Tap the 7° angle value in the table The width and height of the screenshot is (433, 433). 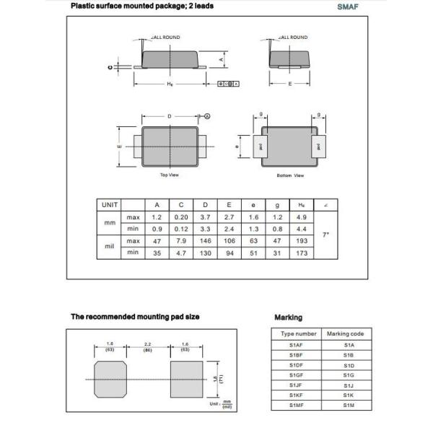pos(325,235)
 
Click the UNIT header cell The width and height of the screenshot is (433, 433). pos(110,205)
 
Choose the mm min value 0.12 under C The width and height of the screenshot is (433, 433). pos(181,229)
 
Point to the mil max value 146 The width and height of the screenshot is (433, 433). pos(206,240)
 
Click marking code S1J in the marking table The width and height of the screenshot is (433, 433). pos(349,386)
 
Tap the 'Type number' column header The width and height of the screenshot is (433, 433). pos(298,334)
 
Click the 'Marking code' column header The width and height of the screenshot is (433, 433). pos(346,334)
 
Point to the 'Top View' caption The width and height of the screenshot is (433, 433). pos(169,175)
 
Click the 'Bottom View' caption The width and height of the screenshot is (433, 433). pos(290,175)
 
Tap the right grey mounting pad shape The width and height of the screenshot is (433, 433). pos(186,379)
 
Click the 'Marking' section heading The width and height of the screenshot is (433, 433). pos(289,318)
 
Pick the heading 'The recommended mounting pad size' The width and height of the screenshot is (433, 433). pos(135,317)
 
